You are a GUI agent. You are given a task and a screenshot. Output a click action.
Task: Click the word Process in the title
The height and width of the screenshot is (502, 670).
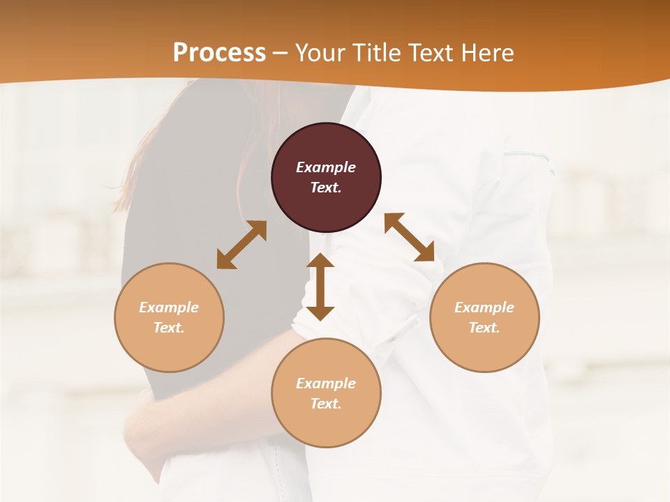point(219,52)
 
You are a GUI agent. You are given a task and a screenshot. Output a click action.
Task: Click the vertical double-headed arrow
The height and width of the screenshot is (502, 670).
point(320,287)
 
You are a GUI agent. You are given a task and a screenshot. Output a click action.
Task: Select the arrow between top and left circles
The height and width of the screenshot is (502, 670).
point(241,245)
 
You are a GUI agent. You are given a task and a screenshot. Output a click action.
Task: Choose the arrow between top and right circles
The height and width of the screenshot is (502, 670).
point(409,237)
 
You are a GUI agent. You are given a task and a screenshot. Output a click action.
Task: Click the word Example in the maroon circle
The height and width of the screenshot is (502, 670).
point(326,167)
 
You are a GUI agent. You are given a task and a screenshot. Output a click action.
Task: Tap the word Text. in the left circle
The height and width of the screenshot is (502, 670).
point(169,328)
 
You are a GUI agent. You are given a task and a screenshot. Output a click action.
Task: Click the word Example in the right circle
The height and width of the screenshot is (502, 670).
point(484,307)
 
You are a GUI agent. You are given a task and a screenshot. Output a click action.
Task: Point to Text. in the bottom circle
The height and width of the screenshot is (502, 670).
point(326,404)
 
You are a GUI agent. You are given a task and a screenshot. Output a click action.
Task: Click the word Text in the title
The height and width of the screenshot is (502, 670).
point(430,52)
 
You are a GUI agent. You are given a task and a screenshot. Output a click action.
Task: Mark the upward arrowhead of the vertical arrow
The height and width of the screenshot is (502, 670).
point(320,262)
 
